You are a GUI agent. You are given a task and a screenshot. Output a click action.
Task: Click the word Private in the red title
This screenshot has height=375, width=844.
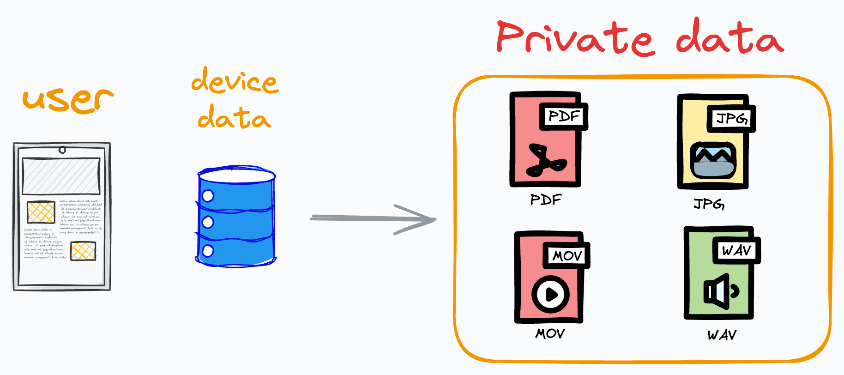[575, 38]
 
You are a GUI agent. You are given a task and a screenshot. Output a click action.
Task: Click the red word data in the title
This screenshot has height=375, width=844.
[729, 37]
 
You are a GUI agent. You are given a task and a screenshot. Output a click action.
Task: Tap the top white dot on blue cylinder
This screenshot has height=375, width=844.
[208, 196]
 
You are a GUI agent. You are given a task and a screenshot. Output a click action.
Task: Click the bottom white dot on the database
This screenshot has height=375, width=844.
[208, 251]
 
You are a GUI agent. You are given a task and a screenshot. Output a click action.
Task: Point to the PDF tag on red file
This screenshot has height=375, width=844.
[564, 116]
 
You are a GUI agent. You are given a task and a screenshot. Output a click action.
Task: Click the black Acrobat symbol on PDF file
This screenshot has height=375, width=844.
[545, 161]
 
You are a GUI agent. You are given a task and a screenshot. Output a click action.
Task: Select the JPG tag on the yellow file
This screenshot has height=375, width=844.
[731, 119]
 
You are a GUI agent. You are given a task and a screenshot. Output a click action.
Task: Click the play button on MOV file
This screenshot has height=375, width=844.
[550, 294]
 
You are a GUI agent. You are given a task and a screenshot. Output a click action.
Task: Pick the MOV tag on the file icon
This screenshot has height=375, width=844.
[567, 255]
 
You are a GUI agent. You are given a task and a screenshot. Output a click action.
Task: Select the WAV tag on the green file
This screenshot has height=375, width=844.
[736, 251]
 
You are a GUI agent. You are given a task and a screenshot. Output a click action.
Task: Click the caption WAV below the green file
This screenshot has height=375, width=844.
[722, 335]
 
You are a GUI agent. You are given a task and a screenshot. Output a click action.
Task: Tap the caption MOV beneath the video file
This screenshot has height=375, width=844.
[550, 333]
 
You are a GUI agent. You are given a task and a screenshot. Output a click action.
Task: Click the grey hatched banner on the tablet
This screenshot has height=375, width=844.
[61, 176]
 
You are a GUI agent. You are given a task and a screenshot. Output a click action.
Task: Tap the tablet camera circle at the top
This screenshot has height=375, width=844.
[62, 150]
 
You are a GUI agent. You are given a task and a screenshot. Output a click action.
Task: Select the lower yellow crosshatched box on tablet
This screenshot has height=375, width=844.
[83, 251]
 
